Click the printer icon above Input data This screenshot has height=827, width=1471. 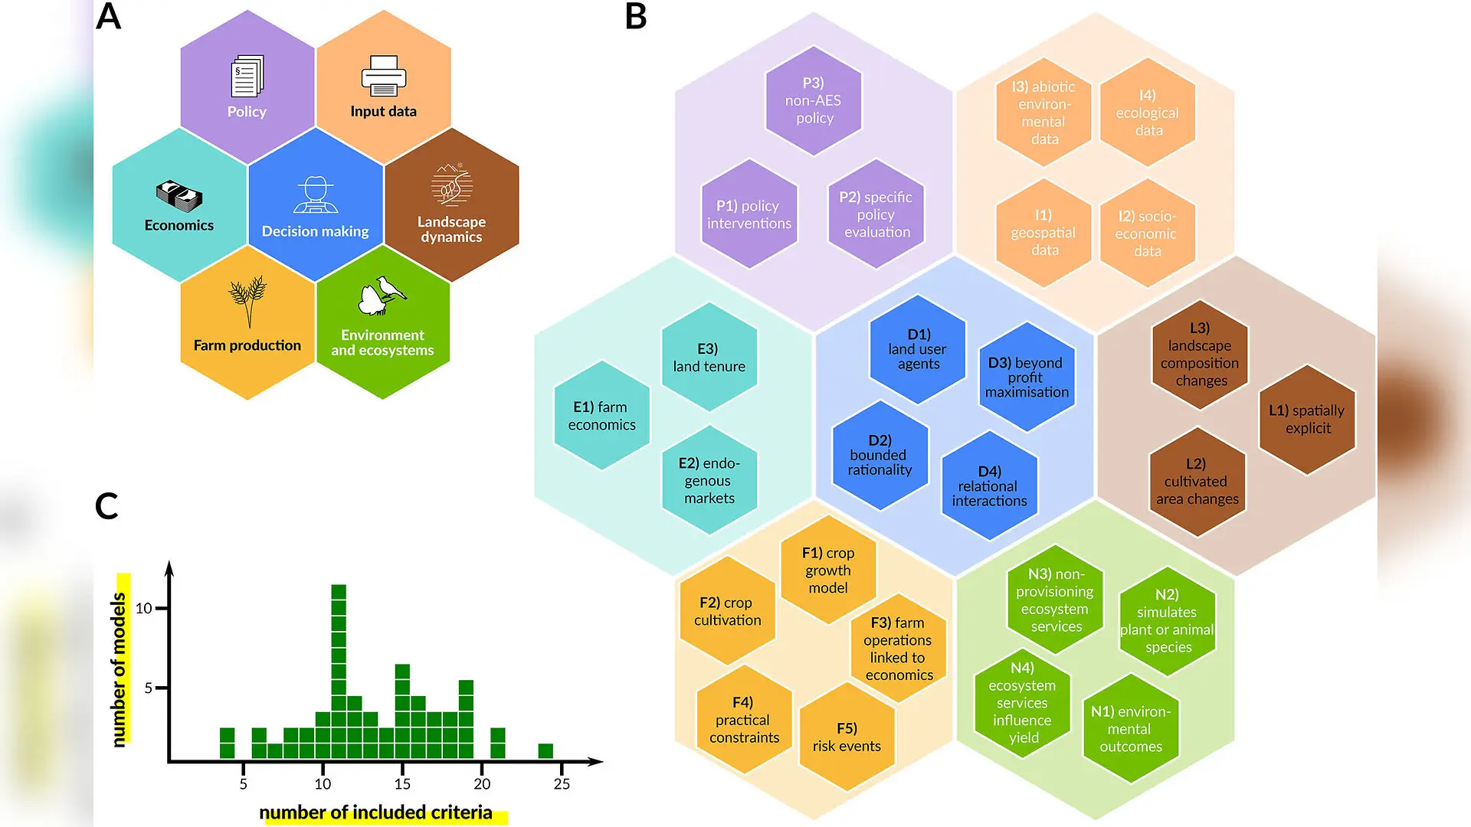[383, 76]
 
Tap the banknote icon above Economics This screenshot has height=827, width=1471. [179, 196]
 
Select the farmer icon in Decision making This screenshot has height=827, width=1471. [316, 194]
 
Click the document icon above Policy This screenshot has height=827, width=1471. [247, 76]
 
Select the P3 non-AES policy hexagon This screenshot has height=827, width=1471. [814, 100]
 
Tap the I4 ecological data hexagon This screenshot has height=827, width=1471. [1148, 113]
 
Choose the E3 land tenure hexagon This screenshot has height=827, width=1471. [709, 358]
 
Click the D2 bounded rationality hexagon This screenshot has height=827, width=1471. [880, 455]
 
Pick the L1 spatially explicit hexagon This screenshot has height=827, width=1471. [1308, 420]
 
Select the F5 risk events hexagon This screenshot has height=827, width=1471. [847, 737]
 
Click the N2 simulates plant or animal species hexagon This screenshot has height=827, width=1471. [1168, 621]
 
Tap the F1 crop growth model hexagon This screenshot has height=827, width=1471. [828, 570]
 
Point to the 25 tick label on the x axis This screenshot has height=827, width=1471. [562, 784]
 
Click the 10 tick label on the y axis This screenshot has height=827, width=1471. [144, 609]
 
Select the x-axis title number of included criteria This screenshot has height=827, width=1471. [375, 812]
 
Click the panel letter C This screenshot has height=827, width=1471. [106, 506]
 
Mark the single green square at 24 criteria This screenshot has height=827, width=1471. [545, 751]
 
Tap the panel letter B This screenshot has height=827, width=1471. [636, 16]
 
